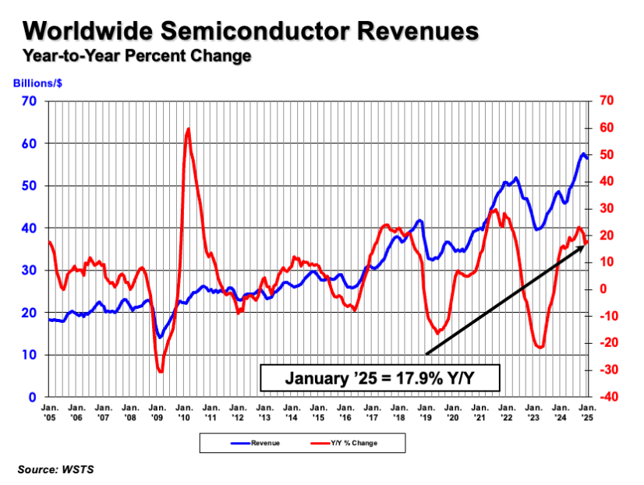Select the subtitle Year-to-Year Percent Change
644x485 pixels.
(x=137, y=56)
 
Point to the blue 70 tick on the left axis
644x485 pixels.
(x=30, y=101)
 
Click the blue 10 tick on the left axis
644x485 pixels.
(x=30, y=355)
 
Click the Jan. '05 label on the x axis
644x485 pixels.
(x=48, y=412)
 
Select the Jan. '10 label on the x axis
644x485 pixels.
(x=185, y=412)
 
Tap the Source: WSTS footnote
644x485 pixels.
(x=53, y=469)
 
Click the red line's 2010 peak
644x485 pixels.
(x=188, y=129)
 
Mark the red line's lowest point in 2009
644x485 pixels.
(x=161, y=371)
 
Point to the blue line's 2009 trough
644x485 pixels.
(x=160, y=337)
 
